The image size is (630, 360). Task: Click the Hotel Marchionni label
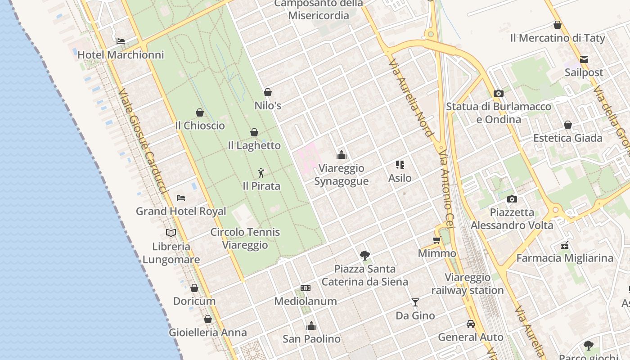click(x=121, y=55)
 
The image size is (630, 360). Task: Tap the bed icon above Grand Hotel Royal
click(x=181, y=198)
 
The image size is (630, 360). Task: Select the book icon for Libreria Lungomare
click(x=171, y=233)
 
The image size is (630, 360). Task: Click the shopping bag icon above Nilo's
click(x=268, y=92)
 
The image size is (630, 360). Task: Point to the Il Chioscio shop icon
click(x=200, y=112)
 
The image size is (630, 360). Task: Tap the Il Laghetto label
click(x=254, y=145)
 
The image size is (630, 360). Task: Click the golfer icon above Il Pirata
click(x=261, y=172)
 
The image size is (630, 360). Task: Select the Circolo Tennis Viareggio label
click(x=245, y=238)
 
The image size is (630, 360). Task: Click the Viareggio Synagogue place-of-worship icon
click(x=342, y=155)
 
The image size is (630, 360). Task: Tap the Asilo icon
click(x=400, y=165)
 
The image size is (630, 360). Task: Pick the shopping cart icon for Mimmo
click(x=436, y=240)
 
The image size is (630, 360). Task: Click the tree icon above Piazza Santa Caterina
click(x=365, y=256)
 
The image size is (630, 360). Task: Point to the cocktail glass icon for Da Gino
click(x=415, y=302)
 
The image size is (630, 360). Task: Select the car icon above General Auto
click(x=470, y=324)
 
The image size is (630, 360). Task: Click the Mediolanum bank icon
click(x=306, y=288)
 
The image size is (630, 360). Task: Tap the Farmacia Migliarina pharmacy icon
click(x=565, y=245)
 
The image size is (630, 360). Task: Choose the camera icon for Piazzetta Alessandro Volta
click(x=512, y=199)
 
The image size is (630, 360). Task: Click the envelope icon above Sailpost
click(x=584, y=59)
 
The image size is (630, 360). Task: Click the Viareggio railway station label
click(x=468, y=284)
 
